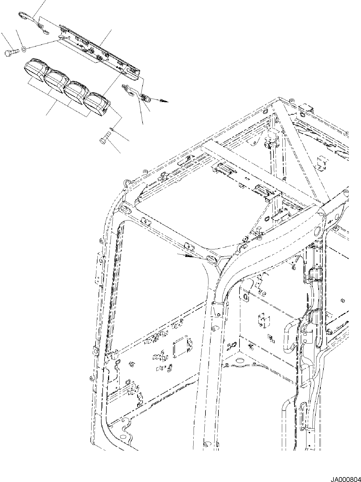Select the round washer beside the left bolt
23,49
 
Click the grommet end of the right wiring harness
144,98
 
